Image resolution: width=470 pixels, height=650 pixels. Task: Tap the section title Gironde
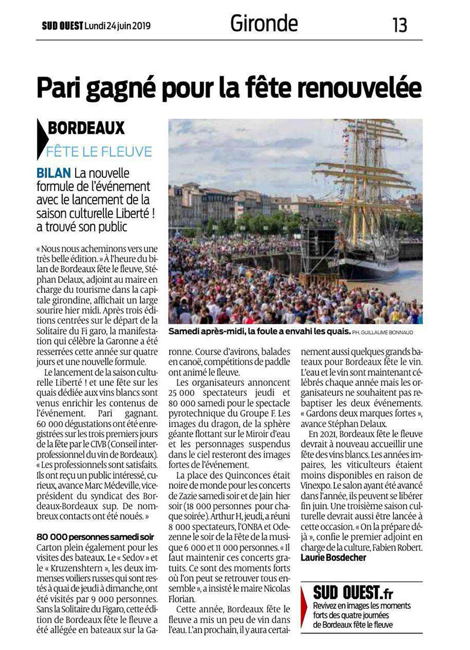point(264,24)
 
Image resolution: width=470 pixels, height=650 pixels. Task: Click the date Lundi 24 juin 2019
point(117,26)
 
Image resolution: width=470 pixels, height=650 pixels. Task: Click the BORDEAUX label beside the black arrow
point(86,128)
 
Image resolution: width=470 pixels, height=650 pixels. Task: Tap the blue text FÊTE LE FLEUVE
point(99,151)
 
